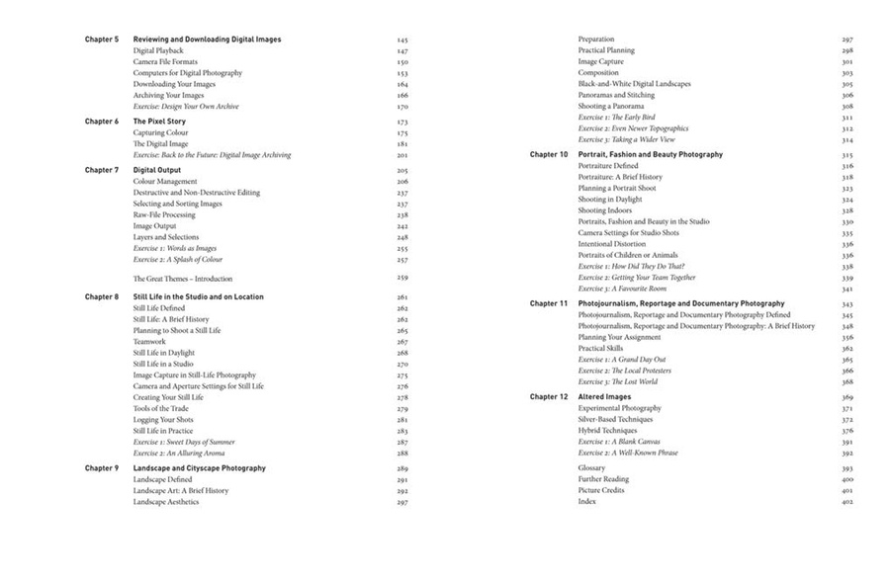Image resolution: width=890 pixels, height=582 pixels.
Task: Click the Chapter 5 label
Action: tap(101, 40)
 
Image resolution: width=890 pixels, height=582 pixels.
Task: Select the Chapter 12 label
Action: tap(549, 397)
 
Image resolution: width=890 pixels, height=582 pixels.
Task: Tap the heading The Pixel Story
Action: tap(159, 122)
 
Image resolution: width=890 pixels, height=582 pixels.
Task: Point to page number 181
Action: tap(402, 144)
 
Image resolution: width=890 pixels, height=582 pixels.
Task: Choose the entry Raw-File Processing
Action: tap(164, 214)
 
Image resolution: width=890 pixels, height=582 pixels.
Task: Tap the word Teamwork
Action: tap(152, 342)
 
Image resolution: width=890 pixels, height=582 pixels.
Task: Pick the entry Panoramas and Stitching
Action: tap(616, 95)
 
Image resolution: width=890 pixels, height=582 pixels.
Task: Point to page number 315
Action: tap(847, 155)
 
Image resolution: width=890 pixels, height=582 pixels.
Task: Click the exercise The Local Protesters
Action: tap(624, 371)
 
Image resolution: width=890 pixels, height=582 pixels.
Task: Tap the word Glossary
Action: tap(591, 468)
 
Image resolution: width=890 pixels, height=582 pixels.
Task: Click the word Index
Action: tap(587, 502)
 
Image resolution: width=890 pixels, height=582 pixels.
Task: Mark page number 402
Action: tap(847, 502)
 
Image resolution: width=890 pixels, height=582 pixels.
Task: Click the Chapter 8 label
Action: tap(101, 296)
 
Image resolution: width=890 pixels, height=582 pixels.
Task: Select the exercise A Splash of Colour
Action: tap(178, 260)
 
